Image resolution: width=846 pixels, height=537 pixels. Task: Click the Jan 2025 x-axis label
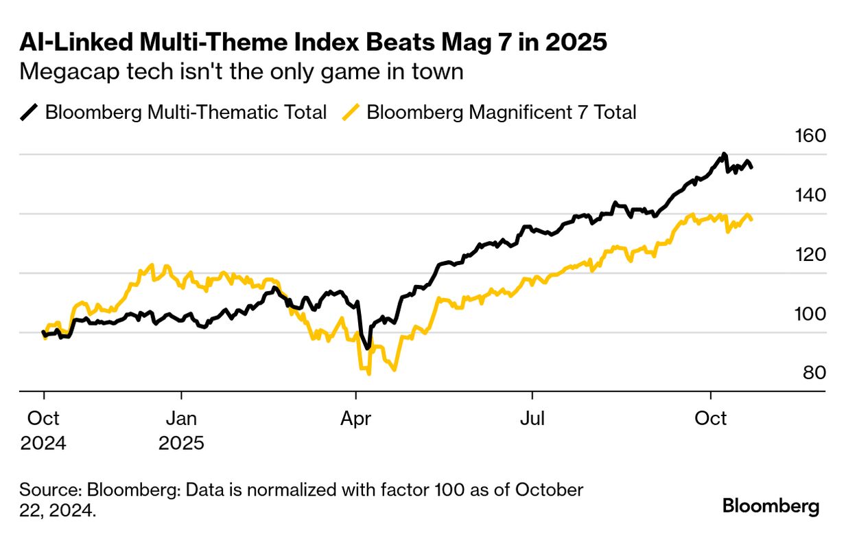point(182,430)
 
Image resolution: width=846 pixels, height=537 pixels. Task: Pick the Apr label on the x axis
point(355,418)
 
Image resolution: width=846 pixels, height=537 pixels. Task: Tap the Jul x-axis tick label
point(532,418)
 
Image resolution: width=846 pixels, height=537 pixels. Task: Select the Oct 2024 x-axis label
point(43,430)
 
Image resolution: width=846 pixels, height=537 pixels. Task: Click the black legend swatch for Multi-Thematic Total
point(30,112)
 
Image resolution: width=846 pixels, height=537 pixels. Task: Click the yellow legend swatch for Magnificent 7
point(351,112)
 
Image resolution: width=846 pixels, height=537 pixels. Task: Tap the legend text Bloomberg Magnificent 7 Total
point(502,112)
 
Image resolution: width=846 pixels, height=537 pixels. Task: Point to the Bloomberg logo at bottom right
point(771,507)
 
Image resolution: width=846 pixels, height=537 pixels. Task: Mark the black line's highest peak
point(724,154)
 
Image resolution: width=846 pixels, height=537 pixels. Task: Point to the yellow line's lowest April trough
point(369,373)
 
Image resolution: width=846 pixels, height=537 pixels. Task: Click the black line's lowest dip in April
point(368,348)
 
